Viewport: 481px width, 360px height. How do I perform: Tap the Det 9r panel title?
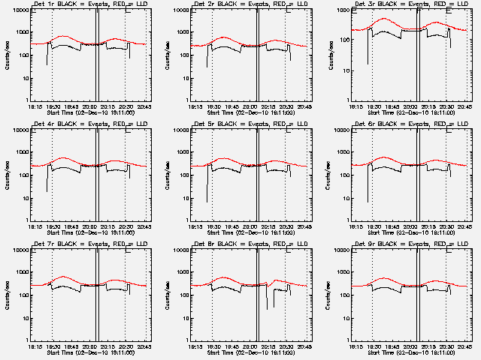point(403,245)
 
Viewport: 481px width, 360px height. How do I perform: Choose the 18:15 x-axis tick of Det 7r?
point(35,346)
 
